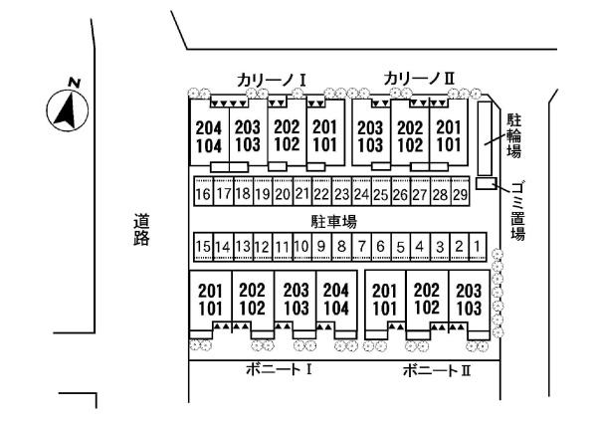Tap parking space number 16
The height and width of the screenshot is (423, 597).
203,193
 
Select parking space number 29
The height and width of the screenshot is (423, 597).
460,193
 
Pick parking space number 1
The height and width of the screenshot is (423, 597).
478,246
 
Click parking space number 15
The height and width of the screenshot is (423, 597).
203,246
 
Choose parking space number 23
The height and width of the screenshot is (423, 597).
341,193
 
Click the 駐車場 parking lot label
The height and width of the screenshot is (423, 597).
334,220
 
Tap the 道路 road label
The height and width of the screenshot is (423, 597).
142,230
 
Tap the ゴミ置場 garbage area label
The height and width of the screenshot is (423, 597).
518,208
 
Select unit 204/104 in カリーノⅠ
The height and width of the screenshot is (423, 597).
209,136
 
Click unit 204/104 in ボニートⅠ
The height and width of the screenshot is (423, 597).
337,298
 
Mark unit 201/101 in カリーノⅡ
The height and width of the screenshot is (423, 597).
449,135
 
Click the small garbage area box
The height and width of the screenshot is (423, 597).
485,183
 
